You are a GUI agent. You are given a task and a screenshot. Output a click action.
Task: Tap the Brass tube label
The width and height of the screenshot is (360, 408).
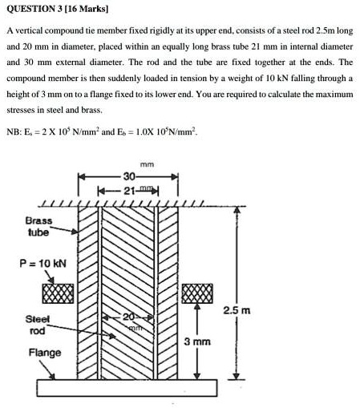pyautogui.click(x=38, y=226)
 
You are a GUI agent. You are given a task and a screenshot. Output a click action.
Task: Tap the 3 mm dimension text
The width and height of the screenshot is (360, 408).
pyautogui.click(x=196, y=341)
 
